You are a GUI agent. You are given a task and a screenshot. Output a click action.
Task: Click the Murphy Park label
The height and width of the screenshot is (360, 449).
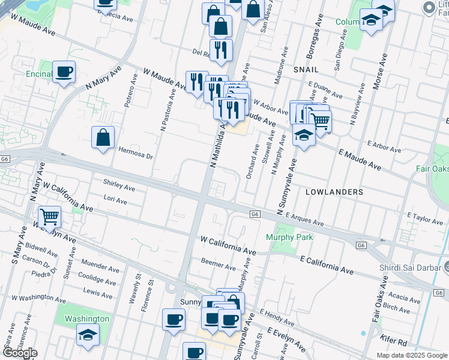289,238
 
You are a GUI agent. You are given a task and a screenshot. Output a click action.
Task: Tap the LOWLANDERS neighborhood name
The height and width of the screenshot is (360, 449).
334,192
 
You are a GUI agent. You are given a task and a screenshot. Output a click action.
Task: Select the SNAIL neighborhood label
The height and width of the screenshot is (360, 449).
306,70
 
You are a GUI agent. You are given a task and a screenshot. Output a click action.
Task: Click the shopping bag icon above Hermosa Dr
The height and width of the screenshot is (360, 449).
103,137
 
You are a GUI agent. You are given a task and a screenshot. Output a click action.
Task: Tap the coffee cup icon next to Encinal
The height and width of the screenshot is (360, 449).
64,72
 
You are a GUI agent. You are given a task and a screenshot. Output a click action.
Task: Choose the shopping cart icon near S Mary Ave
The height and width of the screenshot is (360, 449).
49,216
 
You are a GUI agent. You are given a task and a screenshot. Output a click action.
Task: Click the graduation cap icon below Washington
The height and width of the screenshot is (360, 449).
88,335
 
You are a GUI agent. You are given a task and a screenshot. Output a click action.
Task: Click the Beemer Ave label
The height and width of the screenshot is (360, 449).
218,265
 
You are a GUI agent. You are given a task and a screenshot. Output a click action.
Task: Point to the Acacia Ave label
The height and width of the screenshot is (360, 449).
405,296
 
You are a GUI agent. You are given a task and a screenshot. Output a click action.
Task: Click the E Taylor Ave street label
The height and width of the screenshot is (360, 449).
425,217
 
